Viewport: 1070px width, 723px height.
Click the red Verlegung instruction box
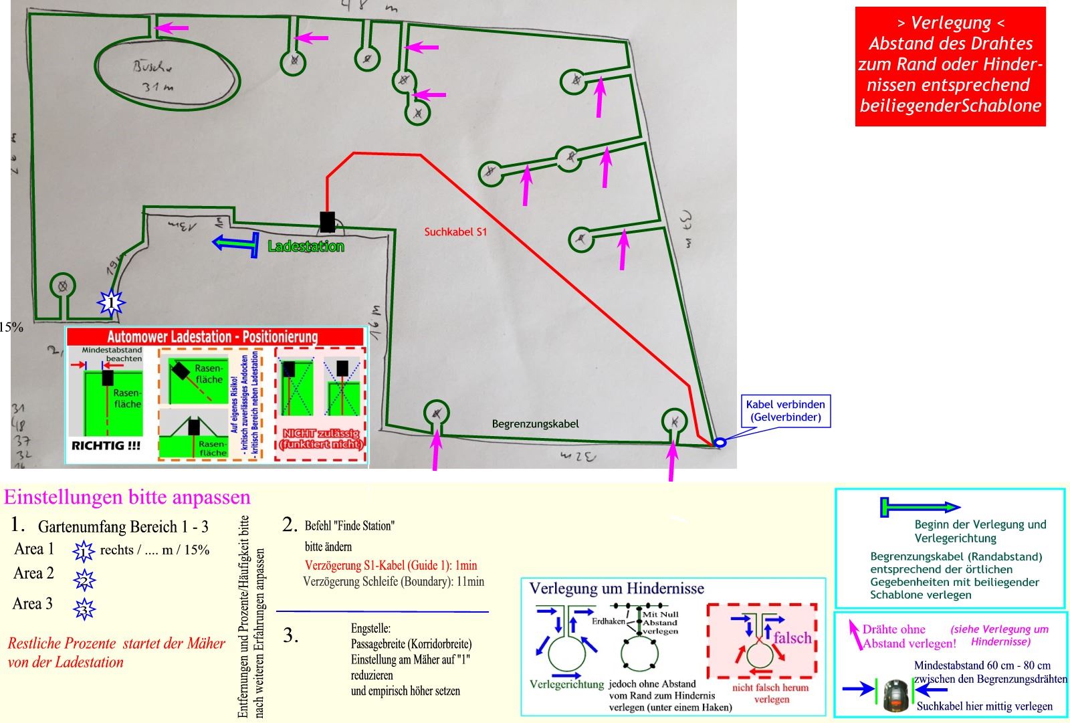950,66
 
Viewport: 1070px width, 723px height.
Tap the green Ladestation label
306,247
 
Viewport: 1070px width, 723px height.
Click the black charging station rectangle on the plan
327,221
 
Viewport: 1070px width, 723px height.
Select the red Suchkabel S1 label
455,232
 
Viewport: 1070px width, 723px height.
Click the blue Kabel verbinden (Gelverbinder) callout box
785,411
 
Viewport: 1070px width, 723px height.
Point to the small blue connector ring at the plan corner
720,442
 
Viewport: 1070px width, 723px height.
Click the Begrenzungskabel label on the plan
535,424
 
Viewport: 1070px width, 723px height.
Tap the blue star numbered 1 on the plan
111,303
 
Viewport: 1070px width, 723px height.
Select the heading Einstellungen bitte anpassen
127,498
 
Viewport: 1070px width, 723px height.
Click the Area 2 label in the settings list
33,574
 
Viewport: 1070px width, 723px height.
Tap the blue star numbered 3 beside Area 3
84,609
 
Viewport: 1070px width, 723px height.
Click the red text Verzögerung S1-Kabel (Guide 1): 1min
391,565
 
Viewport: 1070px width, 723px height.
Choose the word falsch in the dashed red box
792,638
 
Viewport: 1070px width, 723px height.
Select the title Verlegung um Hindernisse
617,589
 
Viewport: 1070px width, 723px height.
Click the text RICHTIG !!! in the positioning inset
106,445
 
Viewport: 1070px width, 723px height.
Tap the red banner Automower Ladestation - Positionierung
213,336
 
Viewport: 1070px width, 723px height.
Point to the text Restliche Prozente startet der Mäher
116,644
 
